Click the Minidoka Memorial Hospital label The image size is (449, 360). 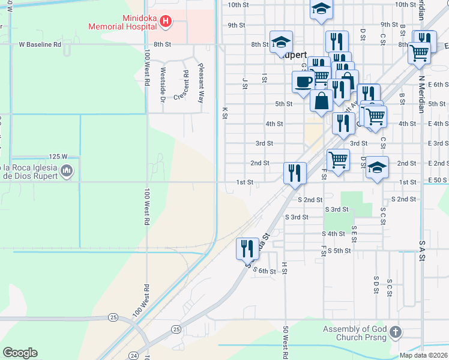tap(123, 22)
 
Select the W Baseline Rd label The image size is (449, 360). tap(40, 44)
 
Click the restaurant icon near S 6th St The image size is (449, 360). tap(247, 247)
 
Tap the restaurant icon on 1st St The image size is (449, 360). tap(295, 172)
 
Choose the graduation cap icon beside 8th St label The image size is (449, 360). tap(281, 41)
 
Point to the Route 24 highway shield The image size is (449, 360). tap(133, 356)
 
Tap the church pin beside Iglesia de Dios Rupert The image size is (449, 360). tap(67, 171)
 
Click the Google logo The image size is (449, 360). tap(20, 353)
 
